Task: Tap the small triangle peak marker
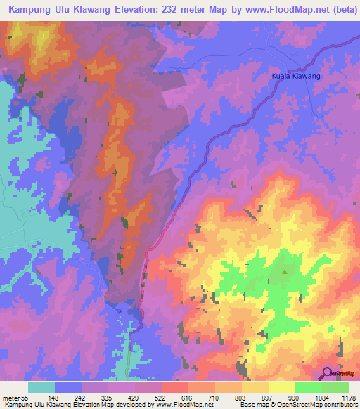point(285,272)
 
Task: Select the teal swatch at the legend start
point(41,387)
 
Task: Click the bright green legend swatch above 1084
point(309,387)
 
